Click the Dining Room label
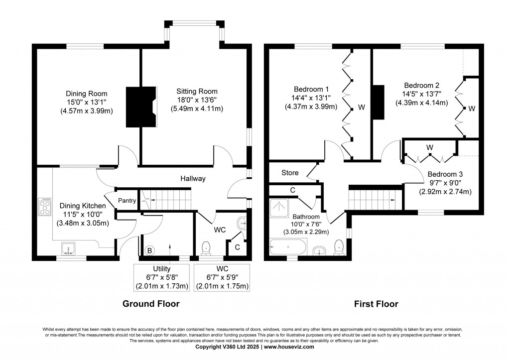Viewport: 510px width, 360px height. click(x=87, y=93)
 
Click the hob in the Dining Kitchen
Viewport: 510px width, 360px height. click(x=45, y=207)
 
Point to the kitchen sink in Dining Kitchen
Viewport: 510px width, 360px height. click(x=67, y=247)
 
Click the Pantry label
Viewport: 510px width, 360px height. click(x=127, y=201)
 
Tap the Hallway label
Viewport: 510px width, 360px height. click(x=193, y=178)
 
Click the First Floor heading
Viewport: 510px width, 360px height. click(x=376, y=303)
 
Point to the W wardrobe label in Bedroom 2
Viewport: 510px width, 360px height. click(x=472, y=108)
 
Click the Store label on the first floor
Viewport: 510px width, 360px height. click(x=290, y=173)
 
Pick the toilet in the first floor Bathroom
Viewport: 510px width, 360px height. click(x=339, y=246)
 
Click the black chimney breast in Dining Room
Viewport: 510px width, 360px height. click(x=141, y=106)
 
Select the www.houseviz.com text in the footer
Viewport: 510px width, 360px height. click(x=289, y=347)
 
